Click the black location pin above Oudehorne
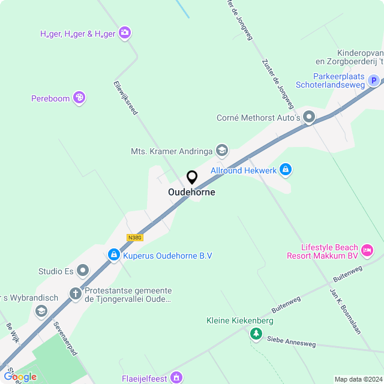[x=192, y=178]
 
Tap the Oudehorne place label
[x=191, y=193]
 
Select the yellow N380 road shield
[x=135, y=238]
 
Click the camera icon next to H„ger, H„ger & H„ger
[x=125, y=33]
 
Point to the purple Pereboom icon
[x=79, y=98]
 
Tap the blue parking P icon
[x=373, y=80]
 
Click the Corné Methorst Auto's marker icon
[x=309, y=118]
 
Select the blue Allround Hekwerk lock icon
[x=286, y=170]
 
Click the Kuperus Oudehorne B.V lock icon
[x=113, y=256]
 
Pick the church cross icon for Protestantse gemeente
[x=75, y=294]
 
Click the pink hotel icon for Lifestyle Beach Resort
[x=368, y=250]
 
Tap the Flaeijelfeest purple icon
[x=176, y=377]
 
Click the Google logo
[x=20, y=377]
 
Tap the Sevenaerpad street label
[x=65, y=338]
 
